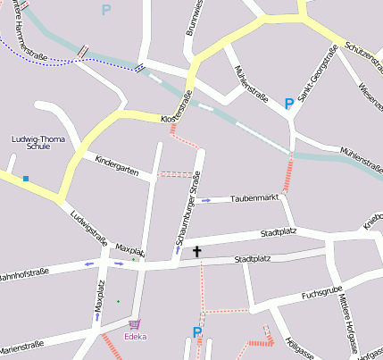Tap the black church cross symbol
pyautogui.click(x=197, y=252)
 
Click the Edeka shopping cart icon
pyautogui.click(x=135, y=324)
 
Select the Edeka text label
pyautogui.click(x=136, y=337)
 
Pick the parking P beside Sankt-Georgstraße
pyautogui.click(x=288, y=105)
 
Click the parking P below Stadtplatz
pyautogui.click(x=197, y=333)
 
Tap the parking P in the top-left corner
pyautogui.click(x=106, y=11)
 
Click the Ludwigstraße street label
pyautogui.click(x=88, y=228)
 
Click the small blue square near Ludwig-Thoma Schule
pyautogui.click(x=26, y=179)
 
